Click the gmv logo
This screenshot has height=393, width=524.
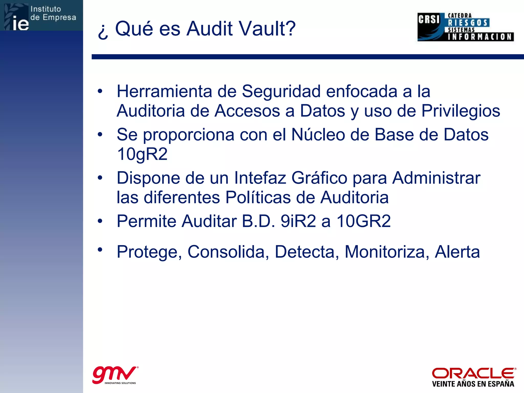(x=115, y=375)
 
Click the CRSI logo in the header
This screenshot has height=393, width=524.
(x=465, y=27)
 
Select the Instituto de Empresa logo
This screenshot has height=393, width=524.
(x=41, y=16)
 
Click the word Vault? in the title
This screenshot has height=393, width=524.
(x=266, y=29)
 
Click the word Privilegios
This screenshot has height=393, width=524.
(x=461, y=111)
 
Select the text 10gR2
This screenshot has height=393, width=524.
(x=142, y=154)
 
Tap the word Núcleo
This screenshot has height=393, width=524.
(x=318, y=135)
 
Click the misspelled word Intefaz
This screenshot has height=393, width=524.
(x=260, y=178)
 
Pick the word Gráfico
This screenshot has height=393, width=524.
(x=319, y=178)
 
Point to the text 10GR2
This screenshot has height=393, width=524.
(x=363, y=221)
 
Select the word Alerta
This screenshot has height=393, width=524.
(x=457, y=252)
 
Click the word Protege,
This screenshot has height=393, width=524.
(x=149, y=252)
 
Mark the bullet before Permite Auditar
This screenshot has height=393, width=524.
(x=100, y=221)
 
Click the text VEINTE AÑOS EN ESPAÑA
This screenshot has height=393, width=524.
(x=473, y=384)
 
